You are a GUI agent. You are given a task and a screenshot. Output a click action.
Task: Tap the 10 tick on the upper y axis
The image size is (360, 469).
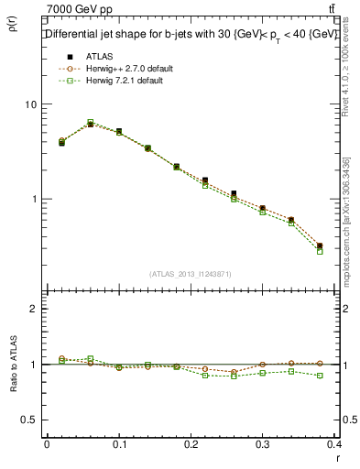pyautogui.click(x=30, y=104)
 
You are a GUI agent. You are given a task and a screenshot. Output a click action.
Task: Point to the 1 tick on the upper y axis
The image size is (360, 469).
pyautogui.click(x=33, y=199)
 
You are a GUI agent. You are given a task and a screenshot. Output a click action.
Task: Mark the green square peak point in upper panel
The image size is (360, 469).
pyautogui.click(x=90, y=122)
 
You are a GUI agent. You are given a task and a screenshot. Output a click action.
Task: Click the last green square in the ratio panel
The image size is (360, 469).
pyautogui.click(x=320, y=376)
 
